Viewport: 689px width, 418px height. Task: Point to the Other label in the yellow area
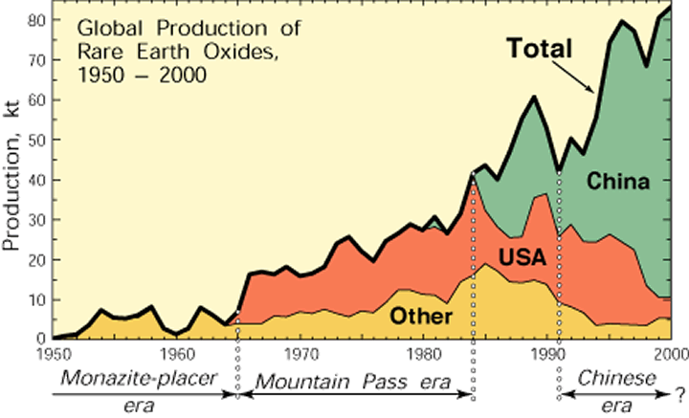pos(421,315)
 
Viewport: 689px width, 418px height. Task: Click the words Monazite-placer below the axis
pos(136,376)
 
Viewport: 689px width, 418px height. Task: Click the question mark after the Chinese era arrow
pos(680,391)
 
